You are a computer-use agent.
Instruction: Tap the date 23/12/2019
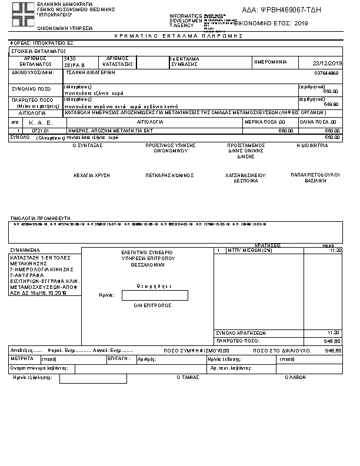click(328, 64)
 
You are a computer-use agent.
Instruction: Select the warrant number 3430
click(69, 59)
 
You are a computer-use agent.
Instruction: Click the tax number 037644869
click(327, 74)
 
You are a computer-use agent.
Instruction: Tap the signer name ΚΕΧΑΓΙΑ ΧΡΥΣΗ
click(88, 175)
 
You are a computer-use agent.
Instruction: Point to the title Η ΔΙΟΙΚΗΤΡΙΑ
click(312, 145)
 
